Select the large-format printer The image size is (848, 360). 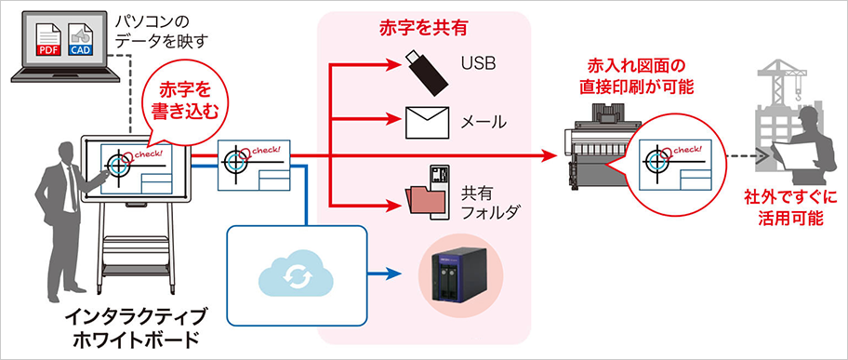click(x=595, y=149)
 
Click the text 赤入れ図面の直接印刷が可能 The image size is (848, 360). click(x=636, y=76)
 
